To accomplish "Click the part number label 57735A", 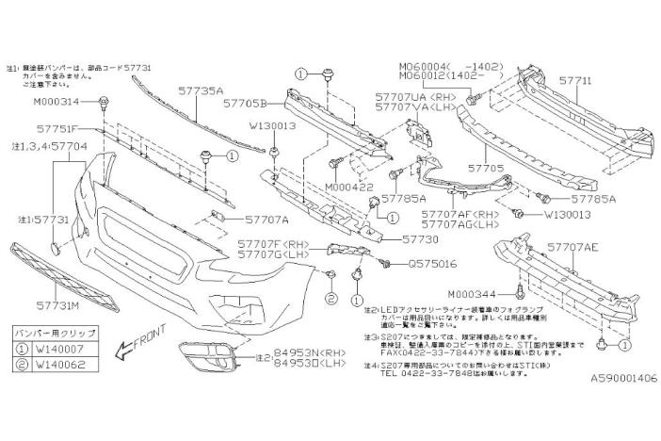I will click(200, 91).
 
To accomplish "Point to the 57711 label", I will click(575, 82).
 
